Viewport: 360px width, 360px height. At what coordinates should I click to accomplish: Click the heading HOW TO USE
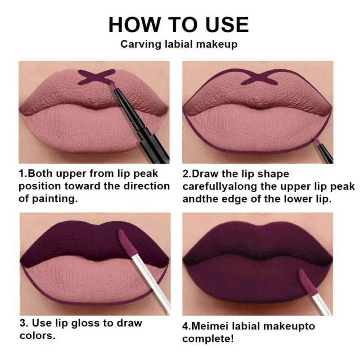coord(179,24)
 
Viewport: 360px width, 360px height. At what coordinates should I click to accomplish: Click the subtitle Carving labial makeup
coord(179,45)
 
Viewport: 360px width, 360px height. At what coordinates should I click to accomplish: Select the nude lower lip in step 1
coord(90,130)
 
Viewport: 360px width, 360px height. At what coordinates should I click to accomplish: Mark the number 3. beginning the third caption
coord(24,323)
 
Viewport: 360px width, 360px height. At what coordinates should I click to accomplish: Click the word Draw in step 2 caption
coord(207,174)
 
